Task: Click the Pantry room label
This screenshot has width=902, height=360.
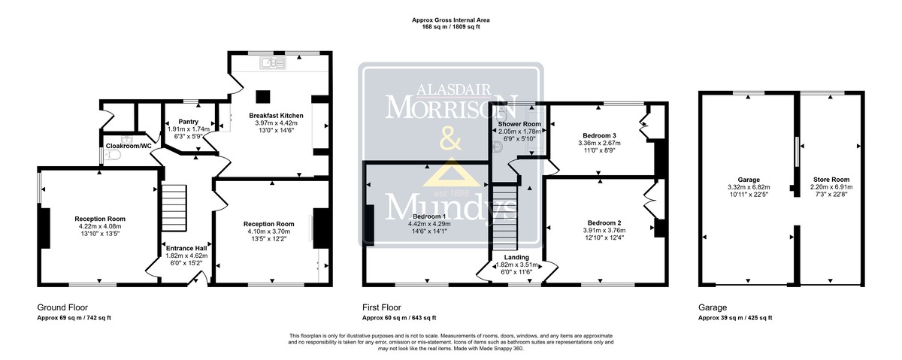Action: click(x=189, y=122)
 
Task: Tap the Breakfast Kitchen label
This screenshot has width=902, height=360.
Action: click(x=277, y=116)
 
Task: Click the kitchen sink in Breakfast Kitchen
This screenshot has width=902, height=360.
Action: click(x=273, y=62)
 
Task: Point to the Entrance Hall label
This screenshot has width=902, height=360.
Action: click(x=186, y=248)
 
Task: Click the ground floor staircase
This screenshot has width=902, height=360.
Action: click(x=174, y=207)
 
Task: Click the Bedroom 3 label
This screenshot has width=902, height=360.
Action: click(x=600, y=136)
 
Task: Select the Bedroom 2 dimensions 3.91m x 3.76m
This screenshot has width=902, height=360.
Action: click(x=604, y=230)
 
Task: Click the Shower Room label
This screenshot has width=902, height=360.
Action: click(x=519, y=124)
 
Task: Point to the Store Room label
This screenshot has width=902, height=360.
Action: click(x=831, y=180)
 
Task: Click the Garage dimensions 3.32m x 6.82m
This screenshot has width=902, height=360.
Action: click(x=749, y=187)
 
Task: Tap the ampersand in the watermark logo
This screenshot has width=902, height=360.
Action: click(x=450, y=139)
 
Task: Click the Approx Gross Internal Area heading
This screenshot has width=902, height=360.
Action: click(x=450, y=20)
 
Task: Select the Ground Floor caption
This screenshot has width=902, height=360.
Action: click(x=62, y=307)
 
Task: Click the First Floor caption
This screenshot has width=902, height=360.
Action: click(x=382, y=307)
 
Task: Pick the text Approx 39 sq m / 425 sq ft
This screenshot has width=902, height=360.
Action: click(x=735, y=318)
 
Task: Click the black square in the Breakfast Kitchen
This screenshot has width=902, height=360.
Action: click(x=263, y=97)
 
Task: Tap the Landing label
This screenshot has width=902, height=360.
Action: click(x=516, y=257)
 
